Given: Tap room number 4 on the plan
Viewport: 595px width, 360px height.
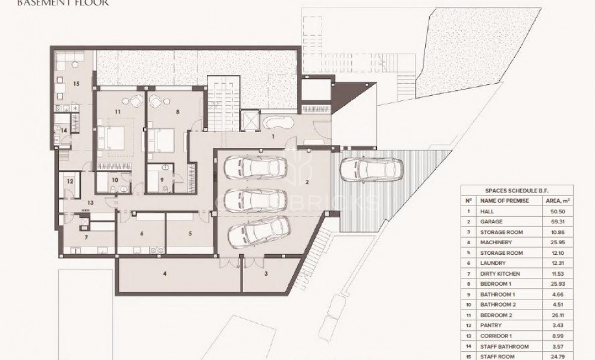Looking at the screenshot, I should (x=165, y=274).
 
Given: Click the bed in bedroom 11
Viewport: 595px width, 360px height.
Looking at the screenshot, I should (x=117, y=138).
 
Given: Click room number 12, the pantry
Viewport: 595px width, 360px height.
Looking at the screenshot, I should (x=70, y=181).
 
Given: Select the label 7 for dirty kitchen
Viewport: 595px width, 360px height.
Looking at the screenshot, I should (x=86, y=237).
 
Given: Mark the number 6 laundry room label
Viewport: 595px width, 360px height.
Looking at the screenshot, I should (x=141, y=233).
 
